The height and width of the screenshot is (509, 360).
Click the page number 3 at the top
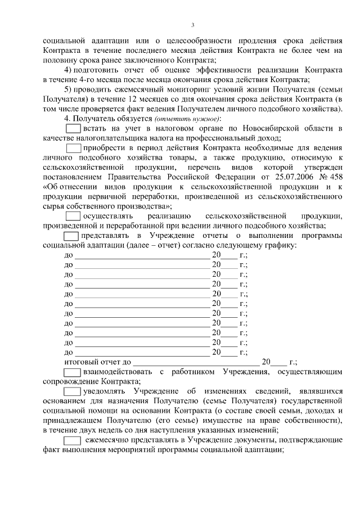tap(192, 25)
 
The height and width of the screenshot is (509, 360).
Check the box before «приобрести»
tap(74, 148)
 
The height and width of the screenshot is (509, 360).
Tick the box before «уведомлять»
tap(72, 391)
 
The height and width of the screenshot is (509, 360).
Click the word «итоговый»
tap(83, 362)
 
